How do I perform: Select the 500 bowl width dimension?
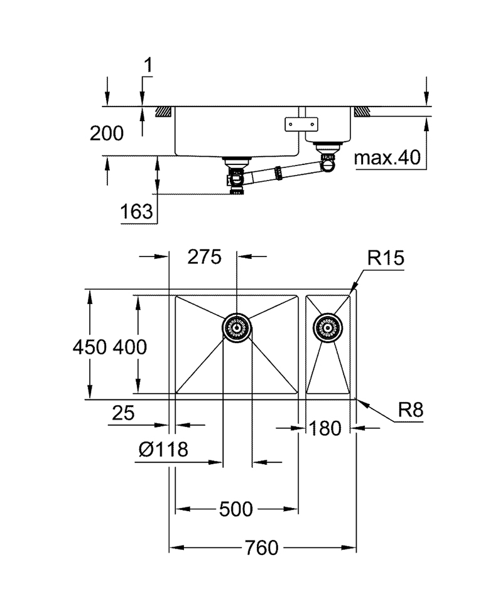pyautogui.click(x=236, y=509)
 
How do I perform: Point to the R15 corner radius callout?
pyautogui.click(x=386, y=258)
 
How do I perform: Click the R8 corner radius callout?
pyautogui.click(x=411, y=411)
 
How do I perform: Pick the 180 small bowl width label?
pyautogui.click(x=325, y=428)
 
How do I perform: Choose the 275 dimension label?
pyautogui.click(x=205, y=256)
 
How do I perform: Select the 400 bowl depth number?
pyautogui.click(x=130, y=346)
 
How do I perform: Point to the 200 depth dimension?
pyautogui.click(x=106, y=133)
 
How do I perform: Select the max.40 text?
pyautogui.click(x=386, y=158)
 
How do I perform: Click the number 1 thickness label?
pyautogui.click(x=148, y=65)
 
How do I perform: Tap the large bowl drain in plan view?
pyautogui.click(x=237, y=327)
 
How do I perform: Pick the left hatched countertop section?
pyautogui.click(x=163, y=111)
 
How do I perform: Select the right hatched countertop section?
pyautogui.click(x=362, y=111)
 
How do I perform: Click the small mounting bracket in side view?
pyautogui.click(x=294, y=124)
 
